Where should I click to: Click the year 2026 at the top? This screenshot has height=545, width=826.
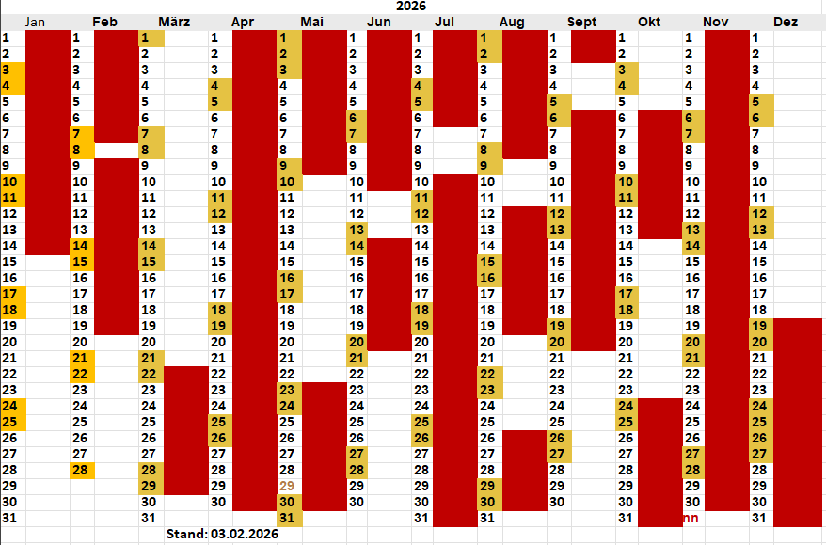[x=410, y=6]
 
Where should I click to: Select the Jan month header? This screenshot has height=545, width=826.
[x=36, y=22]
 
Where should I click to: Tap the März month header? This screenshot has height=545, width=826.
[x=174, y=22]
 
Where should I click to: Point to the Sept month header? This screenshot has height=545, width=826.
[x=582, y=22]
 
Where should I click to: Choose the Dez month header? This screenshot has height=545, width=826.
[x=786, y=22]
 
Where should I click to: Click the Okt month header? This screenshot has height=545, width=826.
[x=649, y=22]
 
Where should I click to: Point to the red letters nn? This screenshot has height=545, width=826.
[x=691, y=518]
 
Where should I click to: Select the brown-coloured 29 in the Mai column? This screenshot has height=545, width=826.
[x=286, y=485]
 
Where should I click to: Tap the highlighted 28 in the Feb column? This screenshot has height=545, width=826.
[x=79, y=469]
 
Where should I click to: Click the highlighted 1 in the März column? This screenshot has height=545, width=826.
[x=147, y=38]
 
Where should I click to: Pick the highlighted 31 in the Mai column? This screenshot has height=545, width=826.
[x=286, y=518]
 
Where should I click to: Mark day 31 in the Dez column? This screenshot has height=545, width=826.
[x=757, y=518]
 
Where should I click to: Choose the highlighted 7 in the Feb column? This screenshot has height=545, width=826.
[x=79, y=134]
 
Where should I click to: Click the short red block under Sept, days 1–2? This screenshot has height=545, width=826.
[x=593, y=46]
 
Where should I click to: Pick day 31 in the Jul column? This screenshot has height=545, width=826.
[x=421, y=518]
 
